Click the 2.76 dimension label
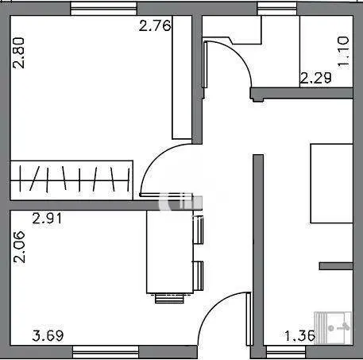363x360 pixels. pyautogui.click(x=155, y=26)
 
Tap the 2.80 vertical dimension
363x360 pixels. pyautogui.click(x=19, y=53)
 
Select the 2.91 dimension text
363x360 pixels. pyautogui.click(x=47, y=219)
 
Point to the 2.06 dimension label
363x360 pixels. pyautogui.click(x=19, y=247)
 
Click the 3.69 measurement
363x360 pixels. pyautogui.click(x=48, y=335)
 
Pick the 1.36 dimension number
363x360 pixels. pyautogui.click(x=299, y=336)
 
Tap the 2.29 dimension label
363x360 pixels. pyautogui.click(x=315, y=78)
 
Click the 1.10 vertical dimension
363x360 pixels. pyautogui.click(x=343, y=52)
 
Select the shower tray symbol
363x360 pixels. pyautogui.click(x=333, y=328)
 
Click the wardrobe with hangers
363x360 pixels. pyautogui.click(x=71, y=180)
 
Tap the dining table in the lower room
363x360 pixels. pyautogui.click(x=170, y=252)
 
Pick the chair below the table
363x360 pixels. pyautogui.click(x=169, y=298)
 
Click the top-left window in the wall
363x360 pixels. pyautogui.click(x=104, y=9)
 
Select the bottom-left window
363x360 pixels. pyautogui.click(x=106, y=352)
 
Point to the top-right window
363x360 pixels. pyautogui.click(x=277, y=9)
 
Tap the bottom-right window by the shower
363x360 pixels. pyautogui.click(x=286, y=352)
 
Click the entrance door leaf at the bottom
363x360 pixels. pyautogui.click(x=249, y=319)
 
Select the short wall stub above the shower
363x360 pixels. pyautogui.click(x=336, y=266)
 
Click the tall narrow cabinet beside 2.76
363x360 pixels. pyautogui.click(x=182, y=77)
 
